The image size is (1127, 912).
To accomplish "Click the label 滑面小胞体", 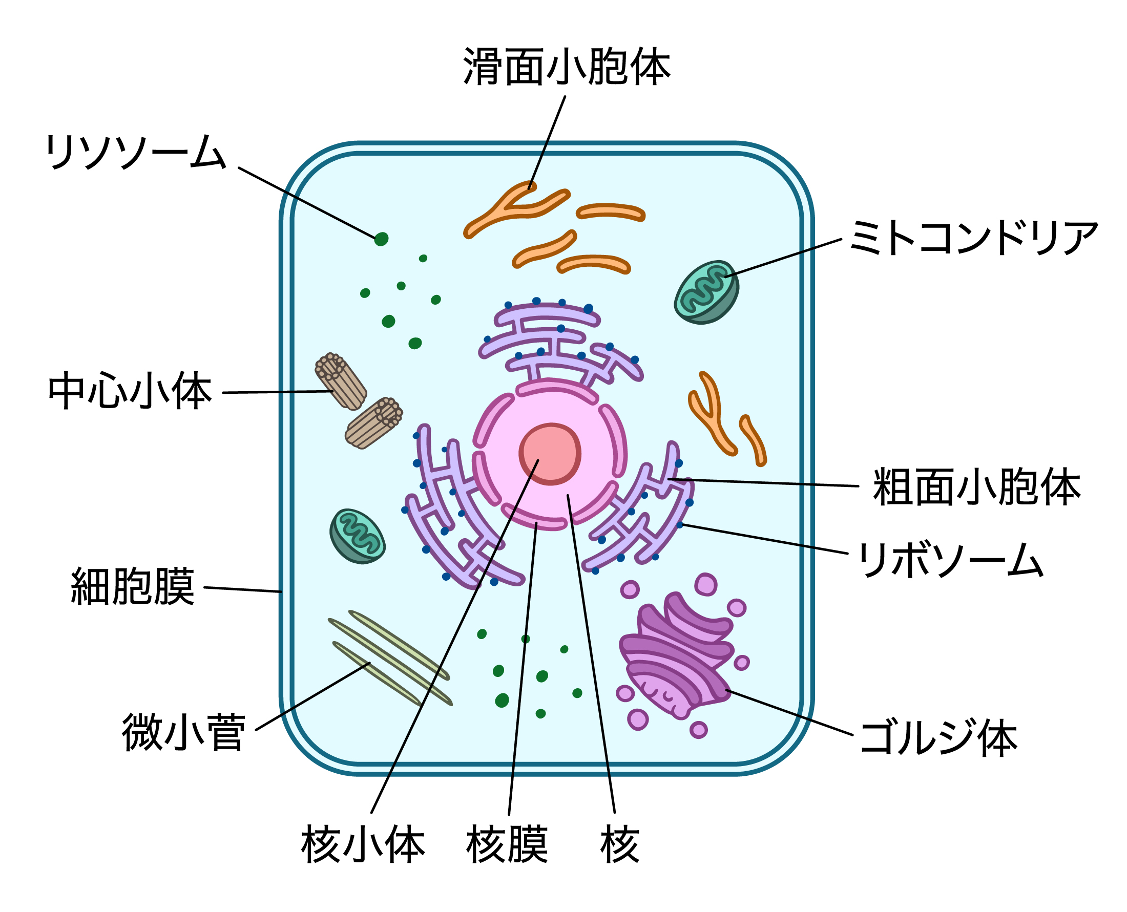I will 567,67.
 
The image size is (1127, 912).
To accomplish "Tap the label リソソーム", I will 136,153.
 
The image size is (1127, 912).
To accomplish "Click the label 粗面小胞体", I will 977,487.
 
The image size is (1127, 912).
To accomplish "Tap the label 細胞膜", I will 133,586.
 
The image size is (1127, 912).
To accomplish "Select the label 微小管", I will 183,733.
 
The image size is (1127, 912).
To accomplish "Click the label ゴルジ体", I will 939,738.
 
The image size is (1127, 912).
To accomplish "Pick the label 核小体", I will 363,845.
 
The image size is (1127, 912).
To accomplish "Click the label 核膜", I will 507,845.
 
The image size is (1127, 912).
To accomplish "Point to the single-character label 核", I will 620,845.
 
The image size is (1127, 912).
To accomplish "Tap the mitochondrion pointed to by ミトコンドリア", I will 706,292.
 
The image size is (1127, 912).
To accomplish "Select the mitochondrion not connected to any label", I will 357,536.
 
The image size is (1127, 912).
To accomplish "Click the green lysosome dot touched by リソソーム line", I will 382,240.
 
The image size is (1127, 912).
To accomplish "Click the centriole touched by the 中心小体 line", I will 341,381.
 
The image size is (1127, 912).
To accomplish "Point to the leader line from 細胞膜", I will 243,589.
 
